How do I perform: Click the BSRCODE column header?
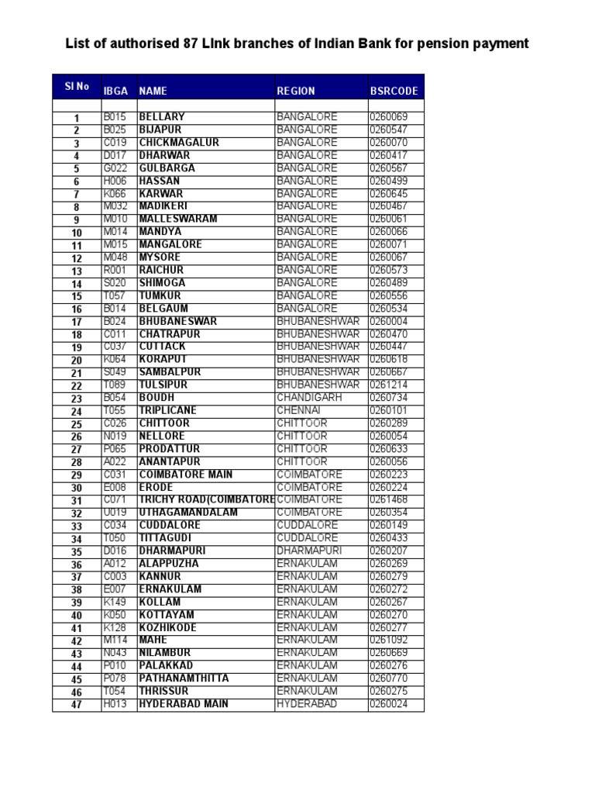(394, 91)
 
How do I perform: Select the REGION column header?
(296, 91)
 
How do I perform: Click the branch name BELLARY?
(162, 117)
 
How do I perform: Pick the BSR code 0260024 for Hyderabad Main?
(388, 704)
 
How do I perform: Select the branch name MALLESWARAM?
(178, 219)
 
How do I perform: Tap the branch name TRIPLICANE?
(168, 410)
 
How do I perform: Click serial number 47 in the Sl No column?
(77, 706)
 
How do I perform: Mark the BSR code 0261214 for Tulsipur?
(388, 385)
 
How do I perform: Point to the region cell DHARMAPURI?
(308, 551)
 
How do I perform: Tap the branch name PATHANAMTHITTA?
(184, 678)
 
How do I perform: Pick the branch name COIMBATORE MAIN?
(186, 475)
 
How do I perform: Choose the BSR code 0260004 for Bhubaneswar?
(388, 321)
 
